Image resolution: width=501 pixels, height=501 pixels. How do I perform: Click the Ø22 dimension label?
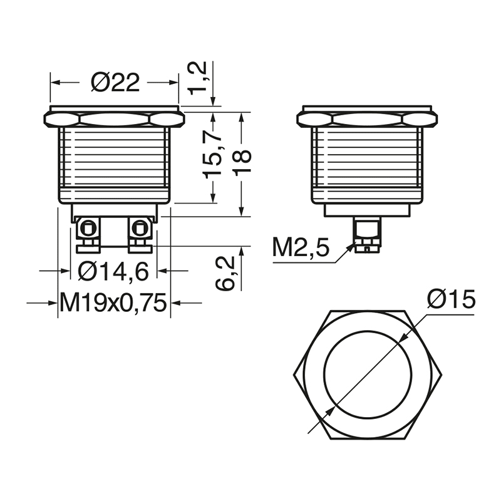pyautogui.click(x=115, y=83)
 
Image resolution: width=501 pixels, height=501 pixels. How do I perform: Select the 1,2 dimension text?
pyautogui.click(x=198, y=78)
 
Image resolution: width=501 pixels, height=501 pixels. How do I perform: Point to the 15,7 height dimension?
pyautogui.click(x=213, y=156)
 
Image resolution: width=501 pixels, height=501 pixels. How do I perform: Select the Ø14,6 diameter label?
pyautogui.click(x=113, y=272)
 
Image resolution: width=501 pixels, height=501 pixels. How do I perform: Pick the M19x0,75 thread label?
pyautogui.click(x=113, y=303)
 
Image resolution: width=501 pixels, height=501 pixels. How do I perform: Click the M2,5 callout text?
pyautogui.click(x=301, y=248)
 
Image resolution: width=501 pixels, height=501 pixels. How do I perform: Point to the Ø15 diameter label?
pyautogui.click(x=451, y=300)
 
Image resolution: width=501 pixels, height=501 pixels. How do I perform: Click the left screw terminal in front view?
pyautogui.click(x=87, y=234)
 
